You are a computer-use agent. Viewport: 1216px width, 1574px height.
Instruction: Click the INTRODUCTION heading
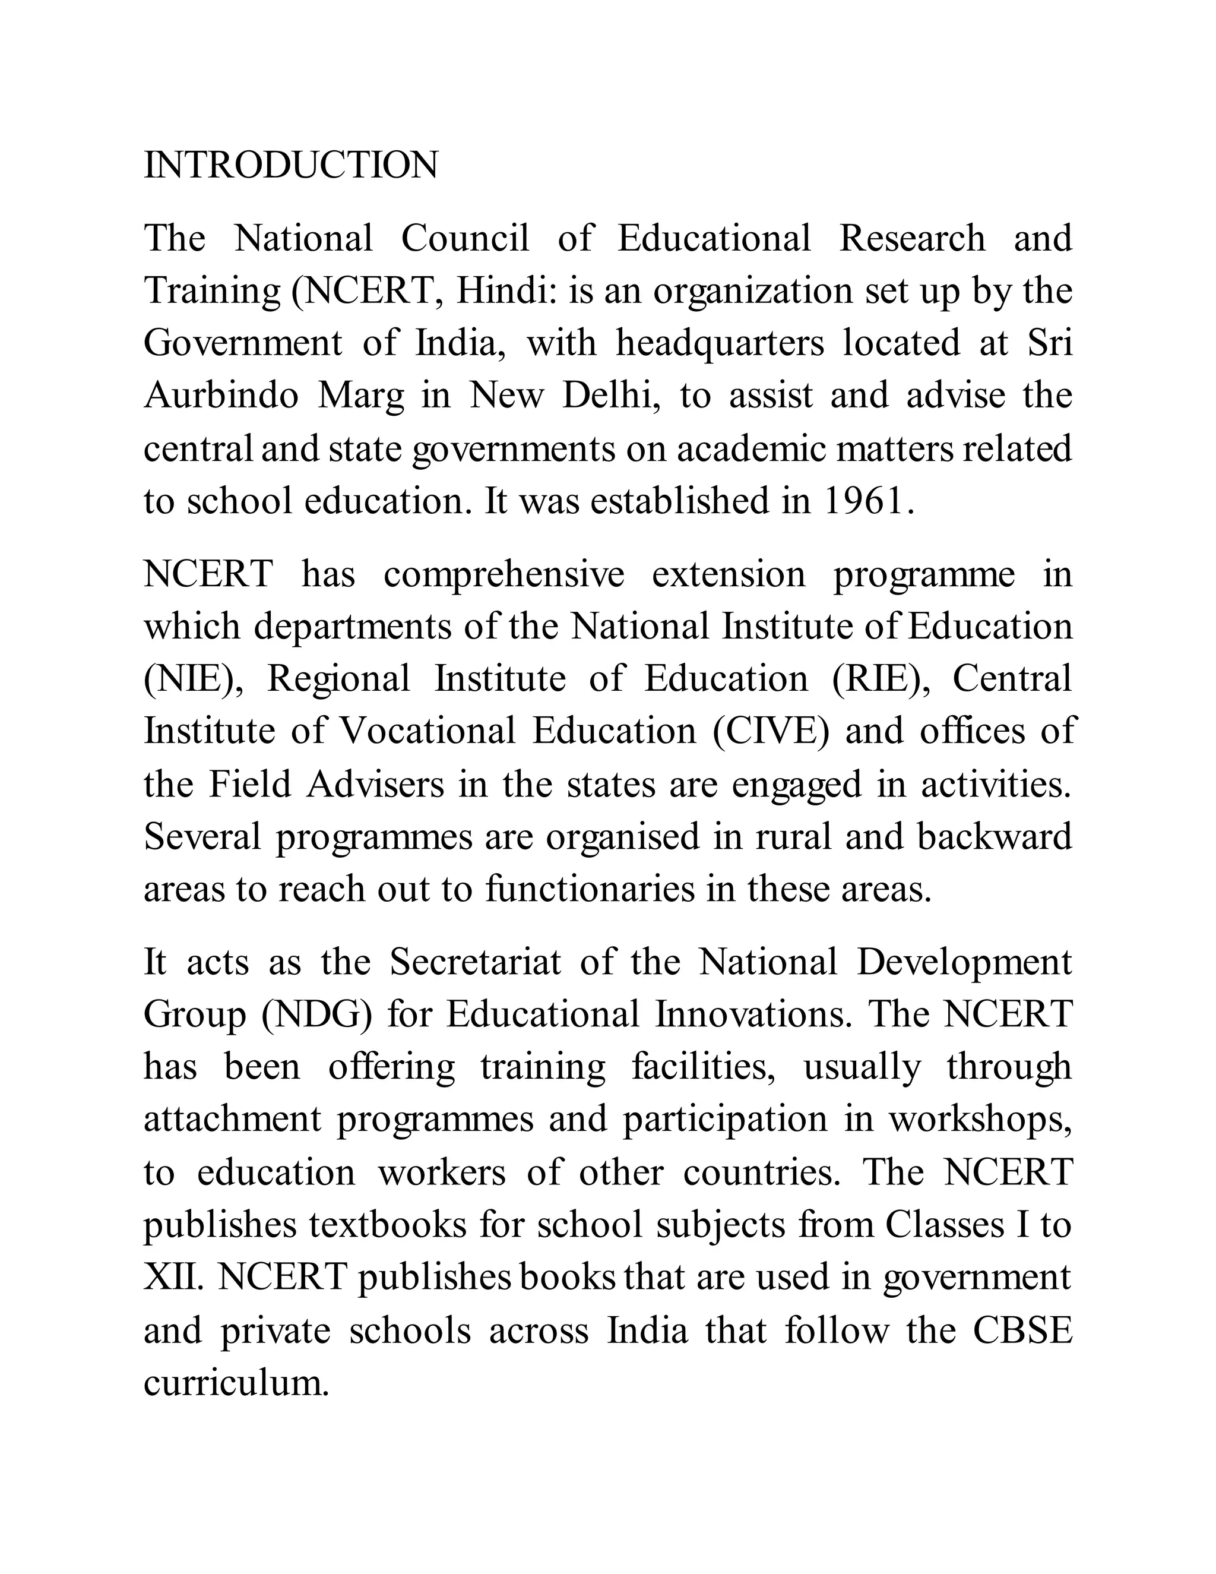(290, 166)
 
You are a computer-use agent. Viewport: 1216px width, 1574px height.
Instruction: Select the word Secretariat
(475, 962)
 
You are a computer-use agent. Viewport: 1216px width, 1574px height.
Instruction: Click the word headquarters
(720, 343)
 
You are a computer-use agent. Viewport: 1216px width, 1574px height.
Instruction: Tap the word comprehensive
(503, 574)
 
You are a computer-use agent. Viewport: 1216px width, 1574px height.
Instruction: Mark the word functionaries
(590, 889)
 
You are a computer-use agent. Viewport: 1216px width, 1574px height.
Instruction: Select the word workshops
(980, 1120)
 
